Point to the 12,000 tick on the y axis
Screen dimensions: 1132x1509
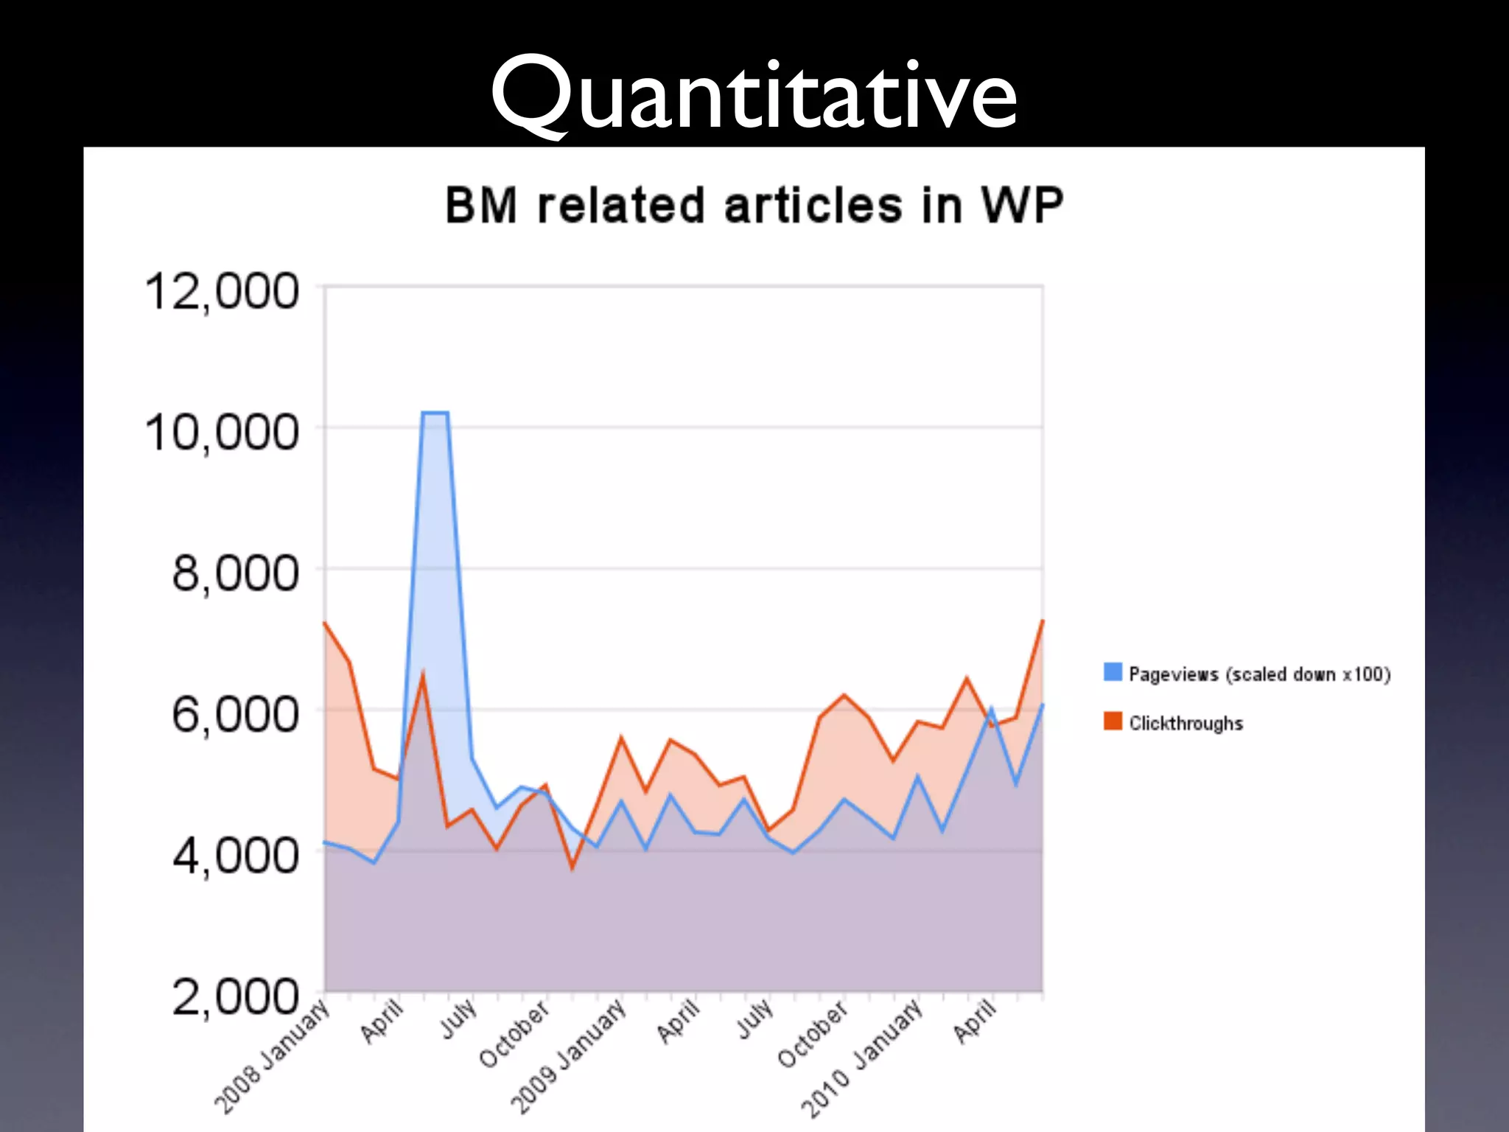222,292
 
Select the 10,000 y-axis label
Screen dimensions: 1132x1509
222,433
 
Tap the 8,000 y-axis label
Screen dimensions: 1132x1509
235,574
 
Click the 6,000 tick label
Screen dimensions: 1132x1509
235,715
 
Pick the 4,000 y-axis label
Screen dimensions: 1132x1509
235,856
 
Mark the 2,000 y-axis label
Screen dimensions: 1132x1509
235,997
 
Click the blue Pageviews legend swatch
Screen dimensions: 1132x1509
1113,672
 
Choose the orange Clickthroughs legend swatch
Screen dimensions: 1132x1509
1113,721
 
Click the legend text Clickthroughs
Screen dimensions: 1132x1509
1186,723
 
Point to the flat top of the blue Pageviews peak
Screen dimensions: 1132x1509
435,413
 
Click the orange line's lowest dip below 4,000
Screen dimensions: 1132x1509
572,868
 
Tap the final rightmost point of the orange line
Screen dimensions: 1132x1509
1043,621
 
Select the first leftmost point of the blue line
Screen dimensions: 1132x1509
325,842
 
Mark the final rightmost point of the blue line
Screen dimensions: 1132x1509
1043,705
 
